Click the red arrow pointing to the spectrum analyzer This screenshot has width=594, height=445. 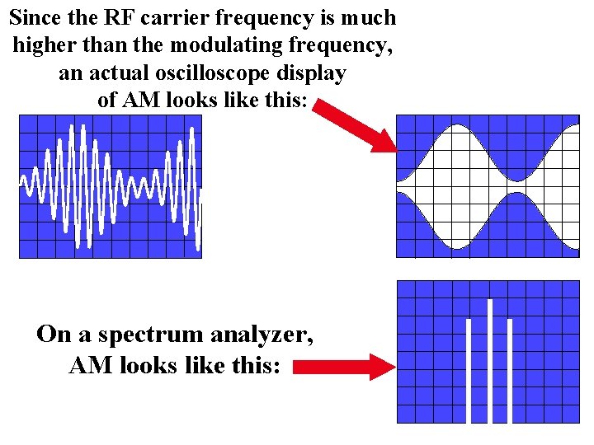click(x=343, y=367)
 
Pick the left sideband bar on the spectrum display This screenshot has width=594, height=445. click(x=469, y=370)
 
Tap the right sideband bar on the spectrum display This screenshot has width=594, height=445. click(x=510, y=370)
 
